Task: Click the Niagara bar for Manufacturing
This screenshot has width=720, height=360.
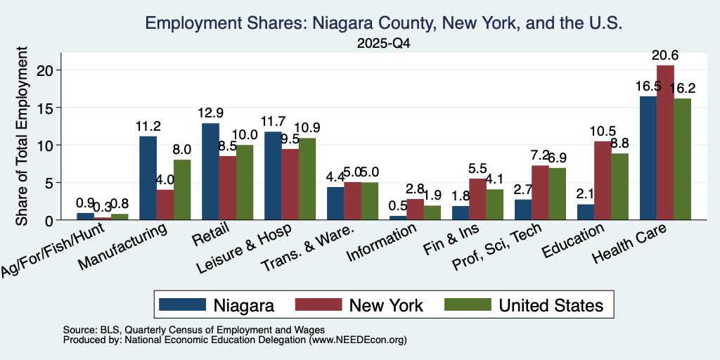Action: point(148,178)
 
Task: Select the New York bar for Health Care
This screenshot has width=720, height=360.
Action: point(665,143)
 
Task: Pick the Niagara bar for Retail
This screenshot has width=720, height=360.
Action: point(210,172)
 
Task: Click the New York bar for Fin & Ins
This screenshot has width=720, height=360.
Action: point(477,199)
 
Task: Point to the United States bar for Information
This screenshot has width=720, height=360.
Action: point(432,212)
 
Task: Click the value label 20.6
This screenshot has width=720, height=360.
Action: point(665,56)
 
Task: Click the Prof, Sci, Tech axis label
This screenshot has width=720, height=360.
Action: point(496,247)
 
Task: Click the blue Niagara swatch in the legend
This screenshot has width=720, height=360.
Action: point(182,304)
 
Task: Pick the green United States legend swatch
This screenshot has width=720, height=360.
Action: point(468,304)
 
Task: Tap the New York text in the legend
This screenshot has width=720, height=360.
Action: point(386,305)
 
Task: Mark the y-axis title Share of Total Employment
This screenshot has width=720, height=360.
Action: point(22,136)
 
